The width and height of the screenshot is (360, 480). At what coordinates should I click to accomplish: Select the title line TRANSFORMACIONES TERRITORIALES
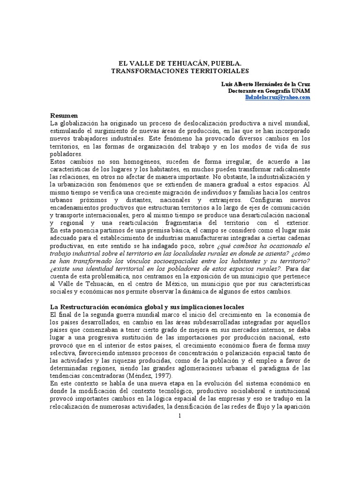[180, 70]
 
